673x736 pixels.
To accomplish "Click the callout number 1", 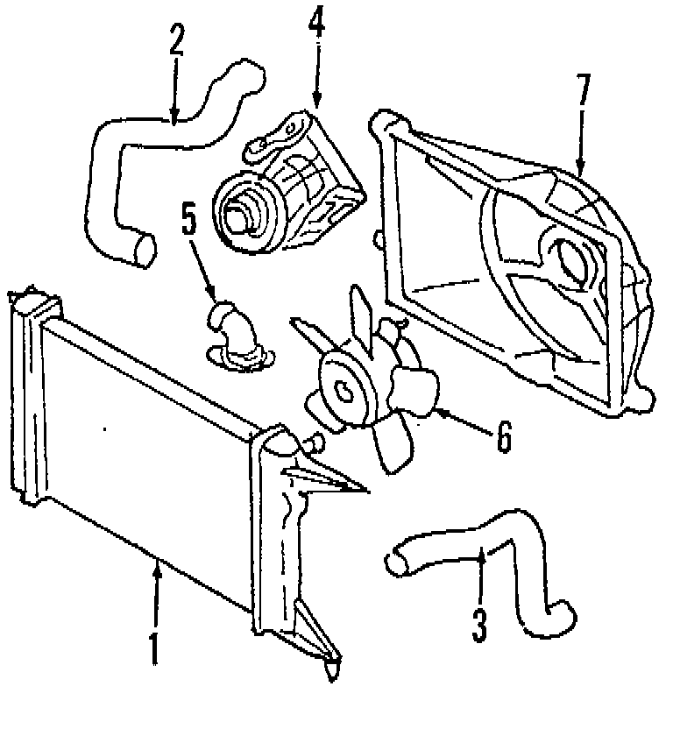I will click(154, 647).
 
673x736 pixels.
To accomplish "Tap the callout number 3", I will click(478, 623).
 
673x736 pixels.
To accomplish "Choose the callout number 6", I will click(503, 435).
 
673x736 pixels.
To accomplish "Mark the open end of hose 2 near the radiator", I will click(141, 248).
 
